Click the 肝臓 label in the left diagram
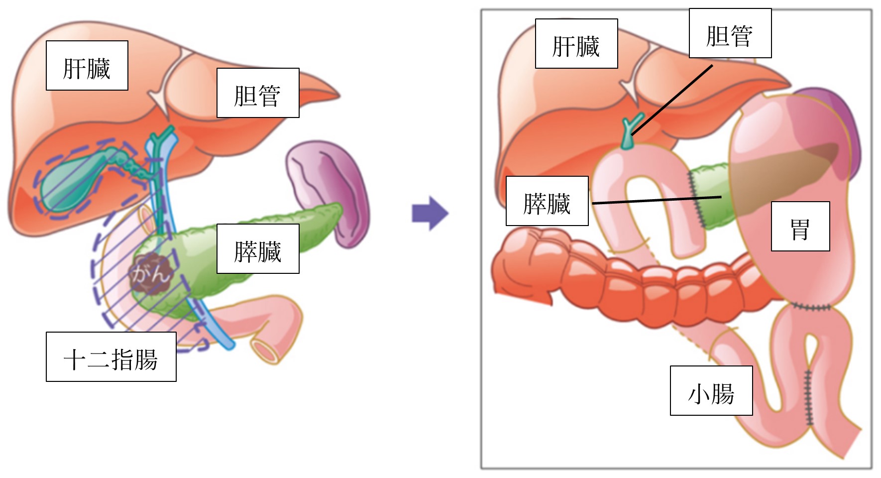pyautogui.click(x=87, y=66)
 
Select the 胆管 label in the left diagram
pyautogui.click(x=258, y=93)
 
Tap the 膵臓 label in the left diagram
pyautogui.click(x=258, y=249)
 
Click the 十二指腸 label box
pyautogui.click(x=111, y=357)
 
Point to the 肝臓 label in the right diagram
pyautogui.click(x=576, y=44)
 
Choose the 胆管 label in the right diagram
pyautogui.click(x=730, y=33)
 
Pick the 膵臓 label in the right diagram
pyautogui.click(x=547, y=201)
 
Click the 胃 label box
pyautogui.click(x=800, y=227)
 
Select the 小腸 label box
pyautogui.click(x=711, y=391)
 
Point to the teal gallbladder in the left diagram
pyautogui.click(x=70, y=182)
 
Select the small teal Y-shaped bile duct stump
pyautogui.click(x=629, y=132)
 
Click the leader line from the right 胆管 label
pyautogui.click(x=672, y=100)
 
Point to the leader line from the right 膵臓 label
pyautogui.click(x=657, y=200)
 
